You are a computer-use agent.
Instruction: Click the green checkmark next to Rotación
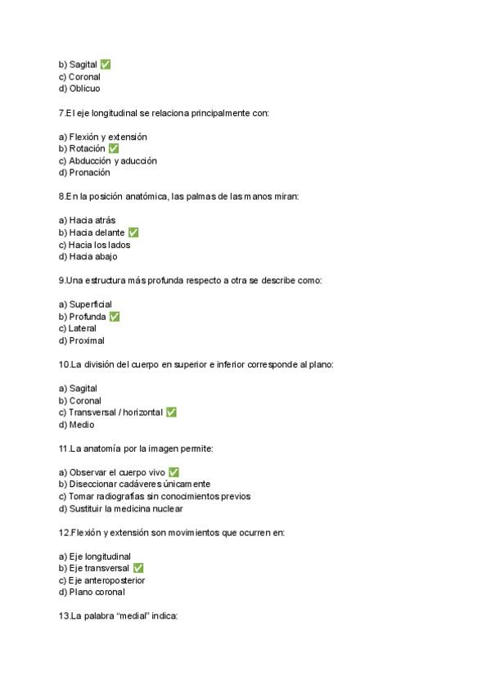point(114,149)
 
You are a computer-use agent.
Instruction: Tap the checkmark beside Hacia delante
point(133,232)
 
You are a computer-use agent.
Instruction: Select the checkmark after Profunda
point(115,317)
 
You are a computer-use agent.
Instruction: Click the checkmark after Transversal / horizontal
point(171,412)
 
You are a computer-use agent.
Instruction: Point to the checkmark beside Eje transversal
point(138,568)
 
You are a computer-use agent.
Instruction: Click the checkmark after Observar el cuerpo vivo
point(173,472)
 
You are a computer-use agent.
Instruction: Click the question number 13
point(64,616)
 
